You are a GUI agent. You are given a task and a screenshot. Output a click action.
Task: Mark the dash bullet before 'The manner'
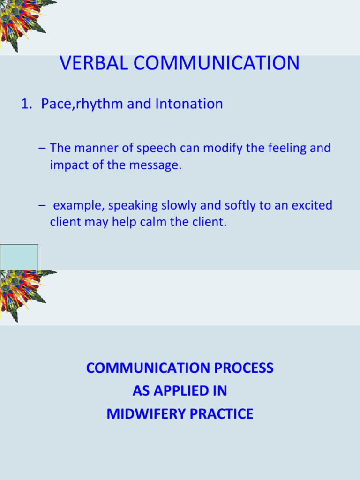43,149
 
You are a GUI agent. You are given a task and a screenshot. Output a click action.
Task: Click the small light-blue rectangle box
19,257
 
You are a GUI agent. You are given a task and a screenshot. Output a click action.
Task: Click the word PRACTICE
224,414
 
